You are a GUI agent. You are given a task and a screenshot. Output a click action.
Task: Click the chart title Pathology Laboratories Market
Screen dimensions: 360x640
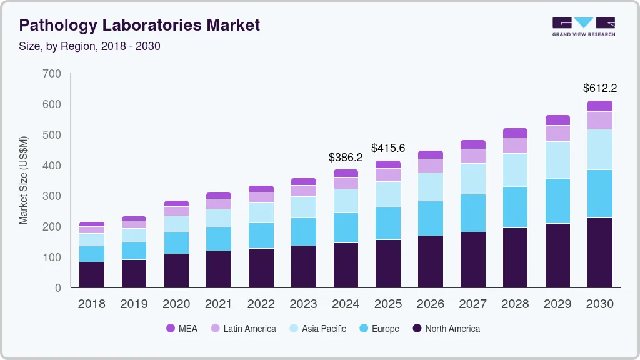[x=139, y=25]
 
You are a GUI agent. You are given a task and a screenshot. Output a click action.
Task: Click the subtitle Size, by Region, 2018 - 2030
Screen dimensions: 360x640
[x=90, y=46]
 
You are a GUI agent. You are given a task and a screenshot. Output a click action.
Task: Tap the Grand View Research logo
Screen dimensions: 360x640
[x=583, y=27]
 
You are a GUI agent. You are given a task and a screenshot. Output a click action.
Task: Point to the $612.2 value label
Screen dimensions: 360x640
[x=600, y=87]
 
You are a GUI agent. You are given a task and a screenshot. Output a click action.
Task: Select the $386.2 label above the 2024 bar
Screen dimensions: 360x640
[x=346, y=157]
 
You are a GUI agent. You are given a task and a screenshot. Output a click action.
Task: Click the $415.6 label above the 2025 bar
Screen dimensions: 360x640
[x=388, y=148]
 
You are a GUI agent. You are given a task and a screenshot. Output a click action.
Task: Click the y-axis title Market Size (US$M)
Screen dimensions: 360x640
[x=24, y=180]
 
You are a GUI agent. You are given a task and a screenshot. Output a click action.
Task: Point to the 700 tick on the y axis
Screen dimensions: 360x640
[x=52, y=74]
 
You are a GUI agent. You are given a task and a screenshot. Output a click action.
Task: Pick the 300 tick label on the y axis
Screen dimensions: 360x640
[x=52, y=196]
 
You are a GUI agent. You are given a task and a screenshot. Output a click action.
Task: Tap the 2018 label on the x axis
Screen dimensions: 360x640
[x=91, y=304]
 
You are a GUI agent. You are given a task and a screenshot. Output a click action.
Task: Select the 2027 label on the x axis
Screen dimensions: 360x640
[x=473, y=304]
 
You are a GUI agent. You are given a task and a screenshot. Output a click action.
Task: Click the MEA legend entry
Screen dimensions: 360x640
[x=181, y=328]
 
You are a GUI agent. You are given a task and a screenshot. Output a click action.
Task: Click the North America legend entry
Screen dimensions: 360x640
[x=446, y=328]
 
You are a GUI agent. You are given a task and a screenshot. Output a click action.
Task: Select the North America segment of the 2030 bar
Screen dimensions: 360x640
[x=600, y=252]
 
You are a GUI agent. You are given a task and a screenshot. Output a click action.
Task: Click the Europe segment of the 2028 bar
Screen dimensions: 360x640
[x=515, y=207]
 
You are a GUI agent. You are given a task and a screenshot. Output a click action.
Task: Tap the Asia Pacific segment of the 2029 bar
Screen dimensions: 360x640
[x=557, y=160]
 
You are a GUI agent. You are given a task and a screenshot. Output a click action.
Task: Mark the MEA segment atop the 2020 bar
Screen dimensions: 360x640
[x=176, y=203]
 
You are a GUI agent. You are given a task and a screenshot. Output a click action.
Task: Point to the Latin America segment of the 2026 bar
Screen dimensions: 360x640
[x=431, y=166]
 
